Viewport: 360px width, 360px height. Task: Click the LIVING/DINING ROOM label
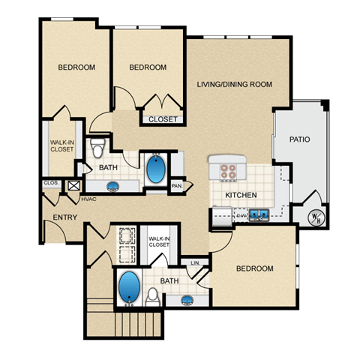pos(234,84)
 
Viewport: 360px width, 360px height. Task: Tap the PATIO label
pos(300,139)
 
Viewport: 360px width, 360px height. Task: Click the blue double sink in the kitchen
pos(260,215)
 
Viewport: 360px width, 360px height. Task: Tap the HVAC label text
pos(88,199)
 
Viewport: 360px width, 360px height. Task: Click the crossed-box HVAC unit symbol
pos(73,186)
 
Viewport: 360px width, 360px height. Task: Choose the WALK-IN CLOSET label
pos(61,145)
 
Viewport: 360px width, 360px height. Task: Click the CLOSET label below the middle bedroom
pos(163,119)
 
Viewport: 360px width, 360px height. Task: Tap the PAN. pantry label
pos(177,185)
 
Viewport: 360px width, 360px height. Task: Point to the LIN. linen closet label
pos(195,263)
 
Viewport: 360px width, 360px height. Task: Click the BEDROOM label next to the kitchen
pos(255,268)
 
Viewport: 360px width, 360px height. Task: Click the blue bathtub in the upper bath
pos(157,169)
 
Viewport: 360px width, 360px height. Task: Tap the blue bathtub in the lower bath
pos(129,289)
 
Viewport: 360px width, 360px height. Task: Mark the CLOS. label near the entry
pos(51,182)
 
